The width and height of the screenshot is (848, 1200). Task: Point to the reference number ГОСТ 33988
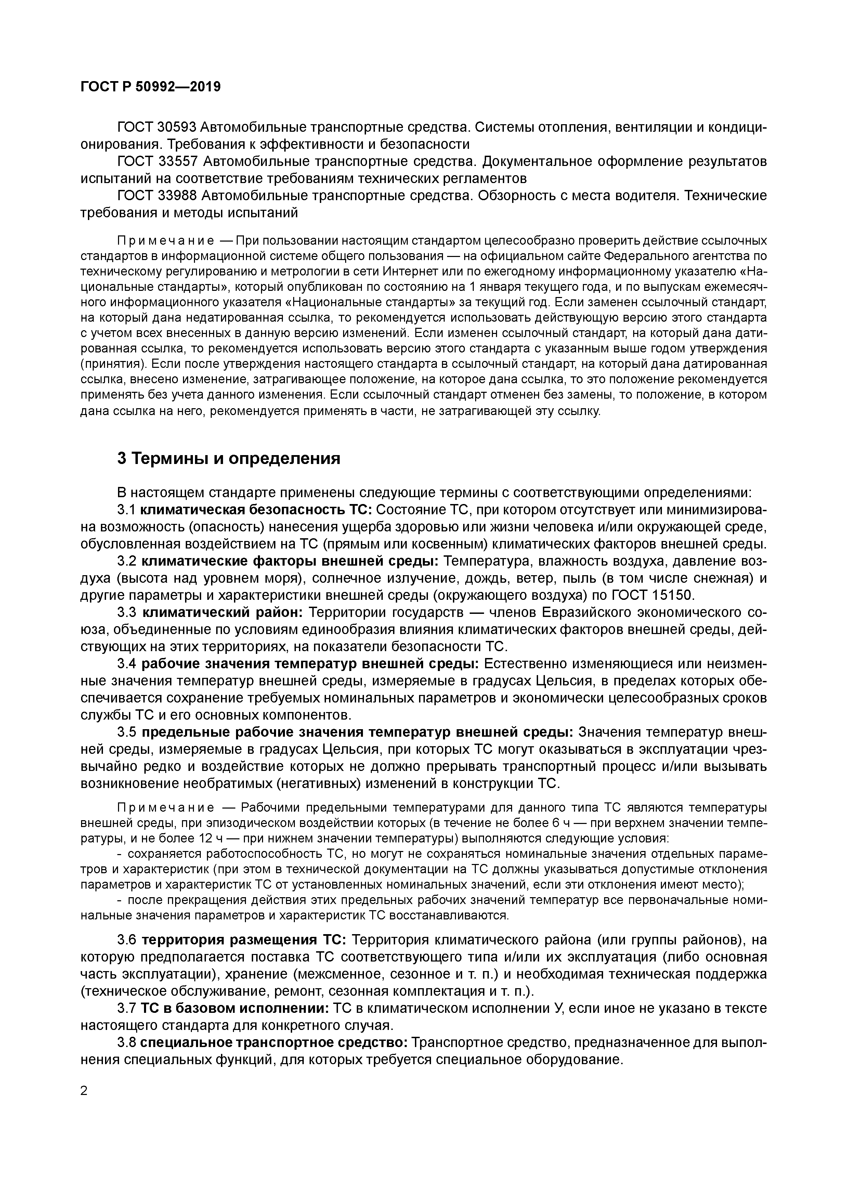click(156, 196)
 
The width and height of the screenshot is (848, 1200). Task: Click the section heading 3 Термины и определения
click(228, 459)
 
